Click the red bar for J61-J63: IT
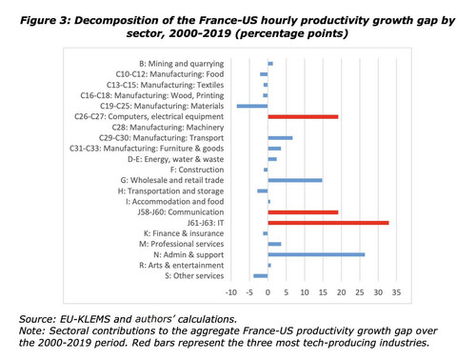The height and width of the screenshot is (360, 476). [x=328, y=223]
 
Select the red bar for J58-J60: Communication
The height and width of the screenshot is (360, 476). [x=303, y=212]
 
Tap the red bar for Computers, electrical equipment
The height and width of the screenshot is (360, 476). [x=303, y=117]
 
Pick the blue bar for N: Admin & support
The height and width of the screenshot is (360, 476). [x=316, y=254]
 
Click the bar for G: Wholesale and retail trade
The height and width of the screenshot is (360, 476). [x=295, y=180]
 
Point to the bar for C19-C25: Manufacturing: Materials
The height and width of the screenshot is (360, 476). [x=252, y=106]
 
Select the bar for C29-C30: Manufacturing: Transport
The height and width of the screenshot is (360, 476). [x=280, y=138]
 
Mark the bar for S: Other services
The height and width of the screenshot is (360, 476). [x=261, y=276]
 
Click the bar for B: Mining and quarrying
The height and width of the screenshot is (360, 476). [x=270, y=64]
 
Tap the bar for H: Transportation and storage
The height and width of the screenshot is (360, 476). [x=263, y=191]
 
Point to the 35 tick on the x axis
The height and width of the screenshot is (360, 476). [x=396, y=292]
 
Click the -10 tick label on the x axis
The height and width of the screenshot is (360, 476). [x=231, y=292]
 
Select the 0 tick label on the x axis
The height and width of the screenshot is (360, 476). [x=268, y=292]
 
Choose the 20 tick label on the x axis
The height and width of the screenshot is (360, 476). [x=342, y=292]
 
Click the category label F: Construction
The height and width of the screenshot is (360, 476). [x=197, y=170]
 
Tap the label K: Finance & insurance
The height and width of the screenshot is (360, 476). [x=184, y=233]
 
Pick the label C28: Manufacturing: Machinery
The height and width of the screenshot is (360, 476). [x=168, y=128]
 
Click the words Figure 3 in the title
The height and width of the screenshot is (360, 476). [x=46, y=21]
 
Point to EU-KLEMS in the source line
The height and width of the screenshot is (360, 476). [x=86, y=319]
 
